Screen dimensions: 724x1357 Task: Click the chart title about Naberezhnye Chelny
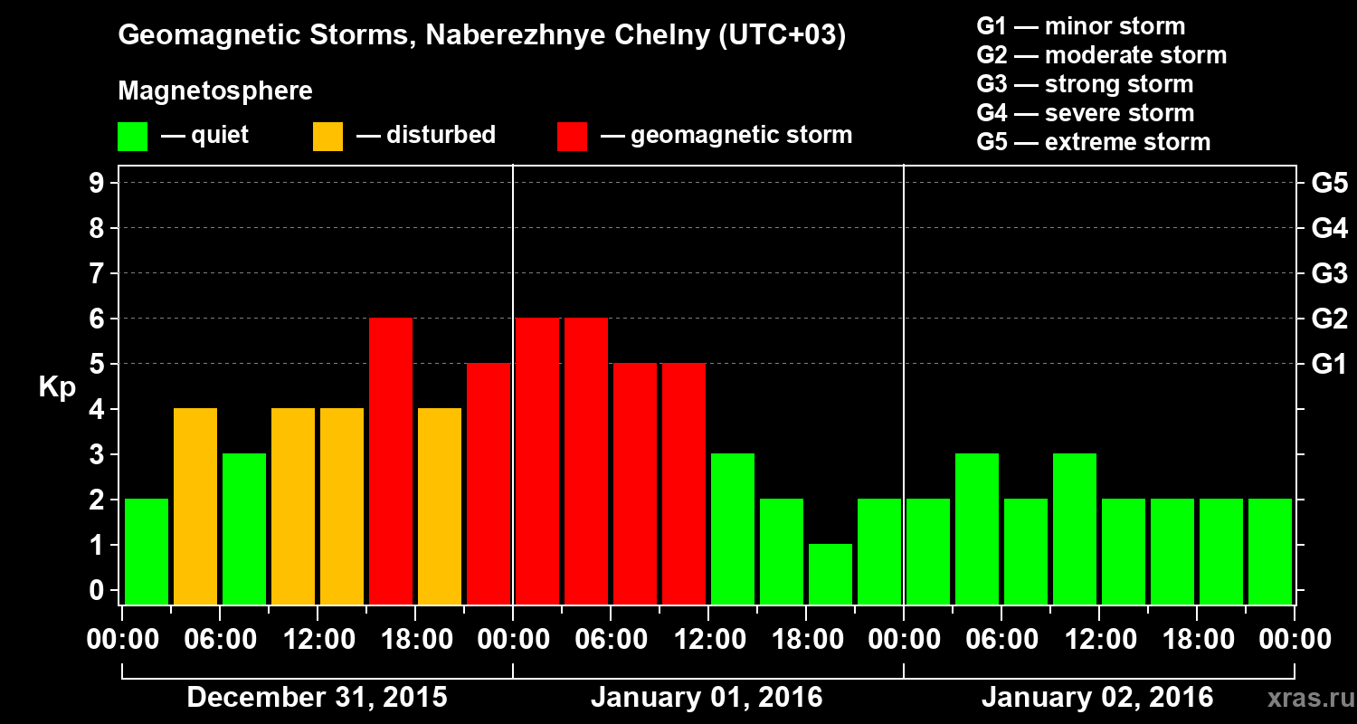point(481,36)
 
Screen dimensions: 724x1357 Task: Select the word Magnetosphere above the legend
point(215,91)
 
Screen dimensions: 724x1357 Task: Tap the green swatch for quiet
point(132,137)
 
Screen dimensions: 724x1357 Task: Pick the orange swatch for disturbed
point(327,137)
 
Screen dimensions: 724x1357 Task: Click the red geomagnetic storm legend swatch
point(572,137)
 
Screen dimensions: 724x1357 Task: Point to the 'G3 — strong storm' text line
point(1085,84)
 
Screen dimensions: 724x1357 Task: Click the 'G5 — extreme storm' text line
point(1093,142)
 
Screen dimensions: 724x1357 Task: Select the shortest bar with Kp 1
point(830,574)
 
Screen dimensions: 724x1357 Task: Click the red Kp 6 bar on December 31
point(391,461)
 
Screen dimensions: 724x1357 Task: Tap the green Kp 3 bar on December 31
point(244,529)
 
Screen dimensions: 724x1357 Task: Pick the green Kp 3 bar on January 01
point(733,529)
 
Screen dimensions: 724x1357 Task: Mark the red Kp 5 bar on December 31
point(489,483)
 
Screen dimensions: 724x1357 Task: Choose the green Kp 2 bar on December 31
point(147,551)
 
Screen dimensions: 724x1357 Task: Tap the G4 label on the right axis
point(1329,228)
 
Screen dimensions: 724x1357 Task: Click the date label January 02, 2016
point(1096,698)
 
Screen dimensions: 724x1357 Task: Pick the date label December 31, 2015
point(317,698)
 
